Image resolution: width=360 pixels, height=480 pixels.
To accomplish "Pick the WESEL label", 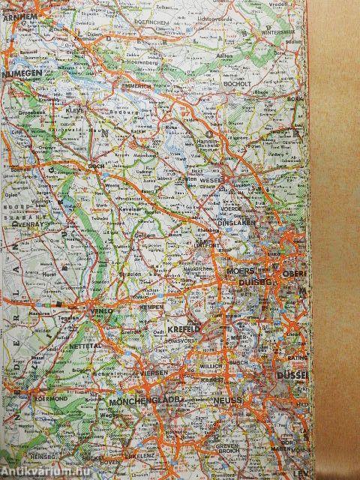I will pyautogui.click(x=209, y=181).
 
